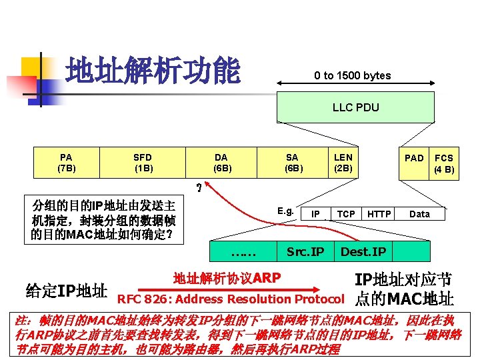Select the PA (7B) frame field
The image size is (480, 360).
66,163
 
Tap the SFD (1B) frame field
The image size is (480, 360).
143,163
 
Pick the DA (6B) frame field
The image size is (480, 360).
222,163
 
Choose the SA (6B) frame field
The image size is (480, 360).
292,163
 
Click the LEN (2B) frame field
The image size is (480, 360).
343,163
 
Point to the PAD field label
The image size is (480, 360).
414,158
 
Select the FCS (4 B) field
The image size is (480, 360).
444,163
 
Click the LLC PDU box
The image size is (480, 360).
355,107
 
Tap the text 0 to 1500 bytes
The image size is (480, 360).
353,76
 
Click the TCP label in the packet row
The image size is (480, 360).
346,214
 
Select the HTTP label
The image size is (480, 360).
379,214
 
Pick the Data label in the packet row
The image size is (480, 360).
419,214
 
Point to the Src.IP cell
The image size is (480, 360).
305,251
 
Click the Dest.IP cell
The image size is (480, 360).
363,251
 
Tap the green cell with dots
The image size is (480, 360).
243,251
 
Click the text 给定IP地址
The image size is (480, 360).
66,291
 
